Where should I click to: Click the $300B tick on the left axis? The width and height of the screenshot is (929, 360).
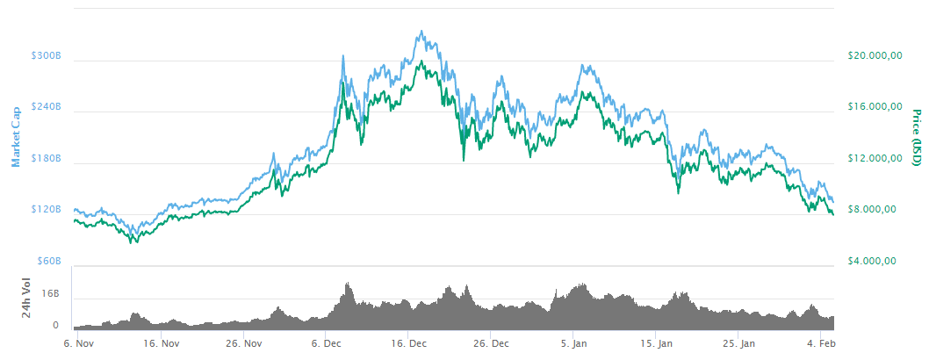click(46, 55)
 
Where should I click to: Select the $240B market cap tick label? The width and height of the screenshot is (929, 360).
click(46, 106)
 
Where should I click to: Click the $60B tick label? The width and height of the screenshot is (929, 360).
click(47, 261)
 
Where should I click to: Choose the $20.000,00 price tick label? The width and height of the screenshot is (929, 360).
click(875, 55)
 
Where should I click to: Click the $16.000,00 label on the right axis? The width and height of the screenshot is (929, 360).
click(875, 106)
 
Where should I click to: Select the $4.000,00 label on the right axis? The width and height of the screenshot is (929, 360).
click(873, 261)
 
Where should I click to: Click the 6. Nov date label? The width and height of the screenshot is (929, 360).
click(79, 342)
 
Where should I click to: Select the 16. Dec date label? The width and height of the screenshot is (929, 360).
click(410, 342)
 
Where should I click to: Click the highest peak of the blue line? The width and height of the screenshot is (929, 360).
click(422, 31)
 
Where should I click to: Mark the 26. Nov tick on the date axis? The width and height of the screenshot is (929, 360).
click(245, 342)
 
